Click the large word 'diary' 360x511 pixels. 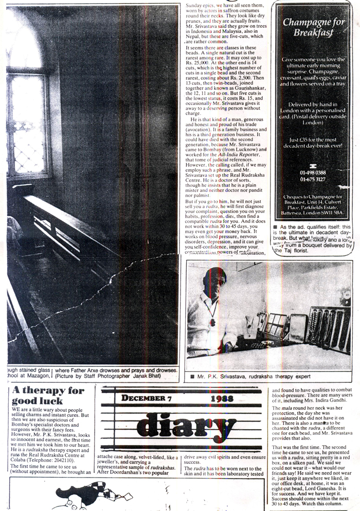[169, 424]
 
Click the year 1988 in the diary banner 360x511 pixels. [222, 398]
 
